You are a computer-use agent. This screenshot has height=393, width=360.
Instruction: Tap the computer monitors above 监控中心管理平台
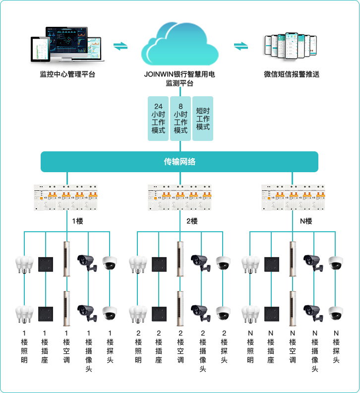coord(67,46)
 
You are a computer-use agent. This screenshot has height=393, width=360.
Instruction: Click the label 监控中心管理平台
coord(67,74)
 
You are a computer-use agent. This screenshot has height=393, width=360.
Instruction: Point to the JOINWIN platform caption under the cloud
coord(180,79)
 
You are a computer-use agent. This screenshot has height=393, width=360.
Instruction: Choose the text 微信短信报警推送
coord(292,74)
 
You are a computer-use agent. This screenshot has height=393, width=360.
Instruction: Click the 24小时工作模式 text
coord(158,119)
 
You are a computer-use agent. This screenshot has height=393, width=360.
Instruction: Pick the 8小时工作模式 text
coord(180,119)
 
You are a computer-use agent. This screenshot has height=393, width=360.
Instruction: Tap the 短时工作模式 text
coord(203,119)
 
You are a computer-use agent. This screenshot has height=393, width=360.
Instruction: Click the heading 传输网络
coord(180,162)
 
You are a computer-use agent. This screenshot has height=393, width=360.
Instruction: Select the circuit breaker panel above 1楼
coord(65,197)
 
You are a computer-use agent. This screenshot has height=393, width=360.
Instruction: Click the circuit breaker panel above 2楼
coord(180,197)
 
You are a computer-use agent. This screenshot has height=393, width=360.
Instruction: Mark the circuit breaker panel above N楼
coord(294,197)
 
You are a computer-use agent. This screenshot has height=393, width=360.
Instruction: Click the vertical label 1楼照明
coord(24,347)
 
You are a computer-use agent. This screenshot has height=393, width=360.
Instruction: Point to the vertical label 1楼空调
coord(66,347)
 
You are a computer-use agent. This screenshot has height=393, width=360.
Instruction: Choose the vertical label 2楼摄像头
coord(202,351)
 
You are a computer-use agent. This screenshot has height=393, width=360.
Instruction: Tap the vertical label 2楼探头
coord(224,347)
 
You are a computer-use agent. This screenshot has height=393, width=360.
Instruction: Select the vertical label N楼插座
coord(271,347)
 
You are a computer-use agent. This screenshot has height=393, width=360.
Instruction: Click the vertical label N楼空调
coord(293,347)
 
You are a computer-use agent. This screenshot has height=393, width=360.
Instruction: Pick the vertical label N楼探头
coord(336,347)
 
